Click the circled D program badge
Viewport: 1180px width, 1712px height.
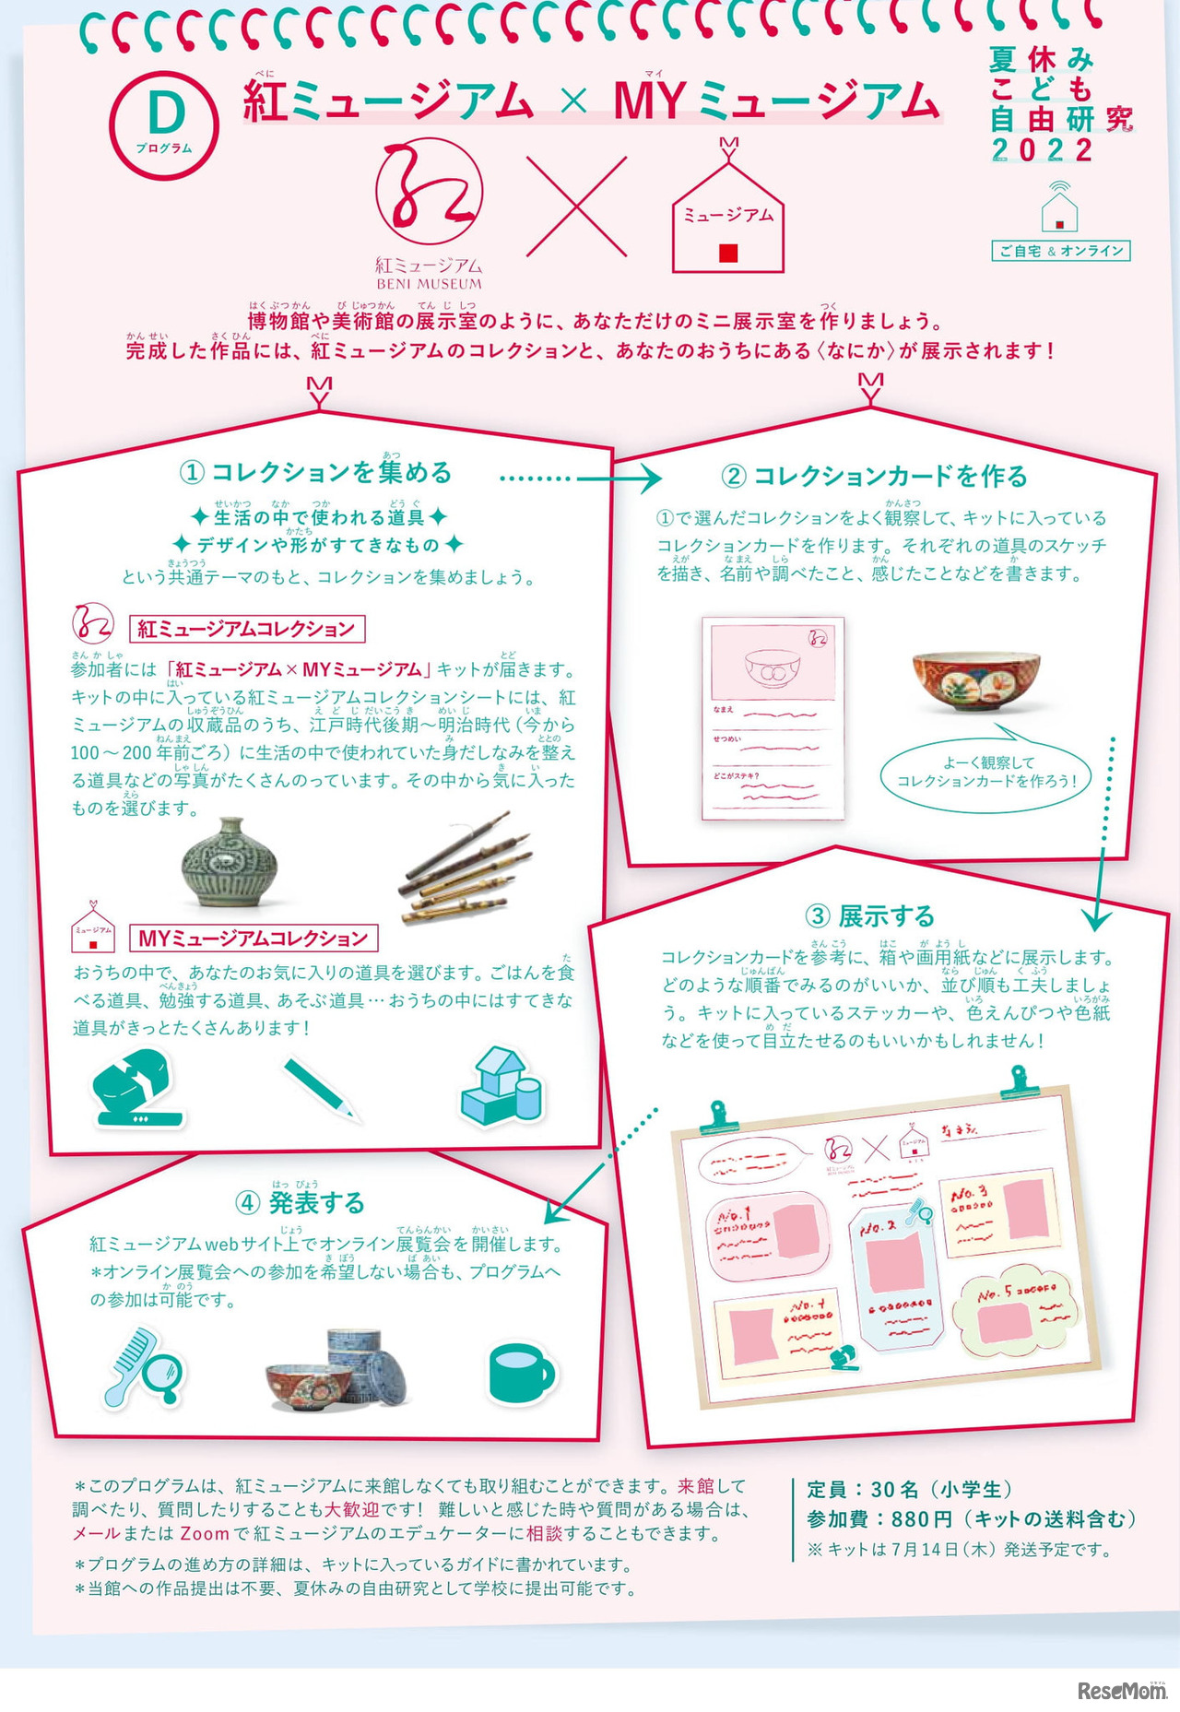coord(163,124)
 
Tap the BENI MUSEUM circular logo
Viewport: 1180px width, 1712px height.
coord(429,195)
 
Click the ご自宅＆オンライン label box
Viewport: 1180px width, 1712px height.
coord(1060,251)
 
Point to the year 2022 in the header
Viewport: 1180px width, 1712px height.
coord(1042,150)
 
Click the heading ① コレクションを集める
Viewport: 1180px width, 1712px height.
coord(316,473)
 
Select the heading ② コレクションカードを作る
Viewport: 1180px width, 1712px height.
coord(874,477)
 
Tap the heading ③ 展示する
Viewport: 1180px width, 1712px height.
coord(869,916)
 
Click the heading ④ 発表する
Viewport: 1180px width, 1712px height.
coord(301,1203)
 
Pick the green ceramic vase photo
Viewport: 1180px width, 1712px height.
coord(230,863)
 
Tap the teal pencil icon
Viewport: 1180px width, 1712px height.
coord(320,1089)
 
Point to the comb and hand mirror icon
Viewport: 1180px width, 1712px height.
coord(144,1368)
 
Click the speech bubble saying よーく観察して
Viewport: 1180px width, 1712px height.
coord(985,773)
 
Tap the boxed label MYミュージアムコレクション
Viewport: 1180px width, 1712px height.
coord(254,939)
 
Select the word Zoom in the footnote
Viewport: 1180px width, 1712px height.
coord(204,1533)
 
